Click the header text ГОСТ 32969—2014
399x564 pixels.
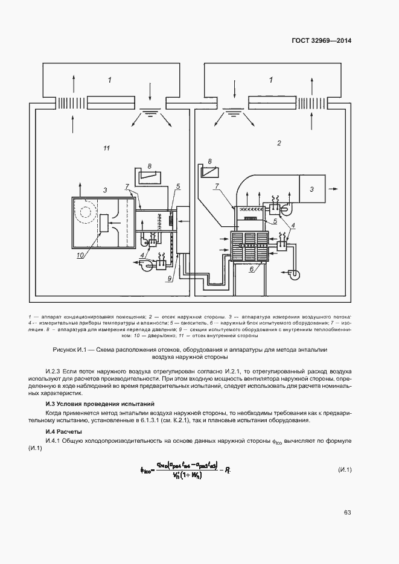coord(321,42)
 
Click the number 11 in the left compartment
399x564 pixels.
coord(107,148)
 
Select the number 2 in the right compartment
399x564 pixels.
coord(279,144)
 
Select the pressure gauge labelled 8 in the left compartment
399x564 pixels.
coord(148,175)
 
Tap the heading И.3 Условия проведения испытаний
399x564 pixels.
coord(101,403)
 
